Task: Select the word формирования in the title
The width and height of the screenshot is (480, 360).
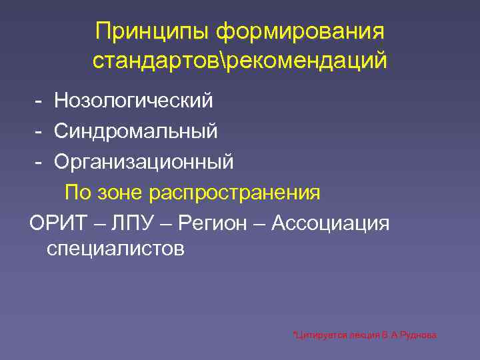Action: click(x=300, y=31)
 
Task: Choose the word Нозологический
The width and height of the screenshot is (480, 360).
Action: click(x=134, y=101)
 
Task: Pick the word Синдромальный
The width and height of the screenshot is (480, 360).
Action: click(x=136, y=131)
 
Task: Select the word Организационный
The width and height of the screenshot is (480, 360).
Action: click(x=144, y=162)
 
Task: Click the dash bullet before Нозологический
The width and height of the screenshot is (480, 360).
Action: click(x=40, y=101)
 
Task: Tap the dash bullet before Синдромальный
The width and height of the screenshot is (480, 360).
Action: click(x=40, y=131)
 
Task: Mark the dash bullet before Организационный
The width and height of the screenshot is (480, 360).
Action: click(x=40, y=162)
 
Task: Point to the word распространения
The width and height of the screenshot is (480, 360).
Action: click(x=235, y=193)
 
